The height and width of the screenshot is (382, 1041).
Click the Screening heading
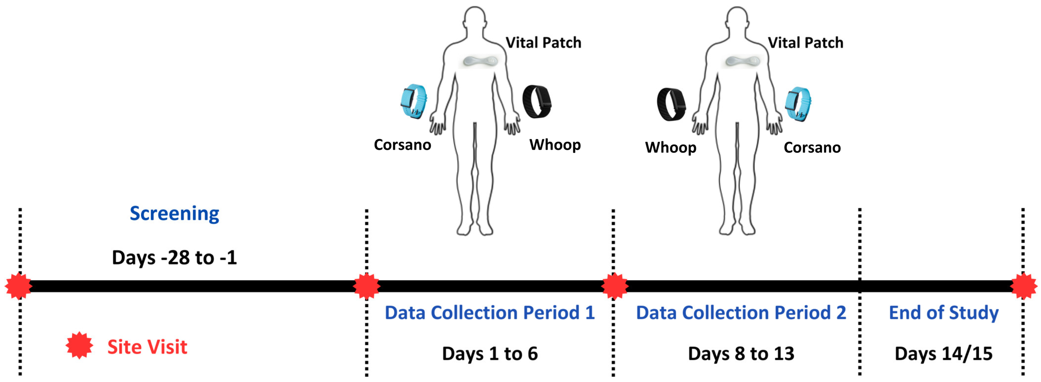point(174,213)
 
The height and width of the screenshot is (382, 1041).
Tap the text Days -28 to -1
point(174,257)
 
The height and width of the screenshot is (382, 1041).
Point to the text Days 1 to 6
point(490,354)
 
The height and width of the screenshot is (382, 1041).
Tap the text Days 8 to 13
point(741,354)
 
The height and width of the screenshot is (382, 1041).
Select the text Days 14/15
point(944,354)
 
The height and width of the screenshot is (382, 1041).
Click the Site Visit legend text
point(147,347)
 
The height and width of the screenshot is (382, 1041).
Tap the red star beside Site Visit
point(79,345)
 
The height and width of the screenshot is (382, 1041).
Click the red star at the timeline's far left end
point(18,286)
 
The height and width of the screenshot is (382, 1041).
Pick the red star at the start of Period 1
point(366,286)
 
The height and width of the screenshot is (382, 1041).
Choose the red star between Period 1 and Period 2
point(615,286)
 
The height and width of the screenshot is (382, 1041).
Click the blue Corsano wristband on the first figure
point(413,101)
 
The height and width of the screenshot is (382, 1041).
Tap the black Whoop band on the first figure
point(537,101)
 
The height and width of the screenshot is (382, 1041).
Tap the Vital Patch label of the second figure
point(805,42)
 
